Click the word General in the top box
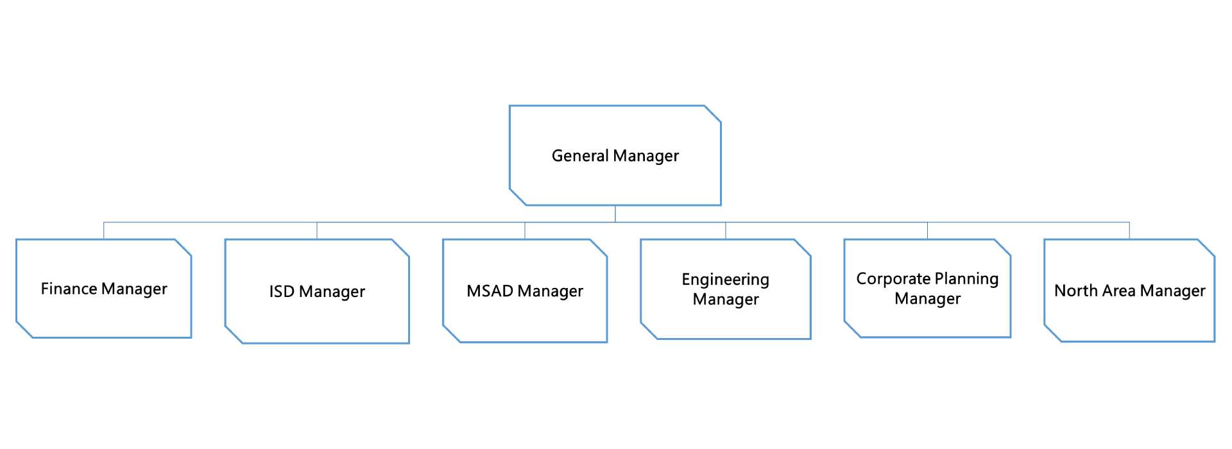click(580, 156)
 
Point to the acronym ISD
click(282, 292)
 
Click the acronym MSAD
click(490, 291)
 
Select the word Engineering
click(725, 280)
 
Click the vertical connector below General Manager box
click(615, 214)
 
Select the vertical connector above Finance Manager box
click(104, 231)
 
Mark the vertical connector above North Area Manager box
click(1129, 231)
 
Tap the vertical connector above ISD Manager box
click(317, 231)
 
